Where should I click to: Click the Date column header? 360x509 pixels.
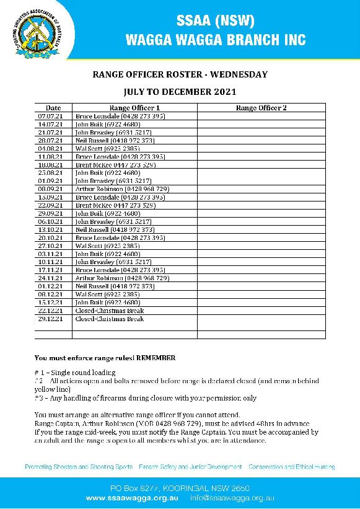[53, 108]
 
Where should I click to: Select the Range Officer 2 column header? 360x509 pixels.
[261, 108]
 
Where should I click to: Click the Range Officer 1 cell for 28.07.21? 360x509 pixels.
[114, 140]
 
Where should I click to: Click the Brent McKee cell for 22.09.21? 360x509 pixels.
[115, 205]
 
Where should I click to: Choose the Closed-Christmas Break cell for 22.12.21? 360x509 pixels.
[109, 310]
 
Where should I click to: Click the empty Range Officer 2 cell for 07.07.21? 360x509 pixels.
[261, 116]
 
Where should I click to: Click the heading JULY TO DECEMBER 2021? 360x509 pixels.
[180, 92]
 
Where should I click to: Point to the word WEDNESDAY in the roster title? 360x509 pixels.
[238, 74]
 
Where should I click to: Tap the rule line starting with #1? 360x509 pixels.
[74, 372]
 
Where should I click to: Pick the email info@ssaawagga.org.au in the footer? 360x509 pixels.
[232, 498]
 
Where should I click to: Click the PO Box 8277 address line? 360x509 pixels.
[180, 489]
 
